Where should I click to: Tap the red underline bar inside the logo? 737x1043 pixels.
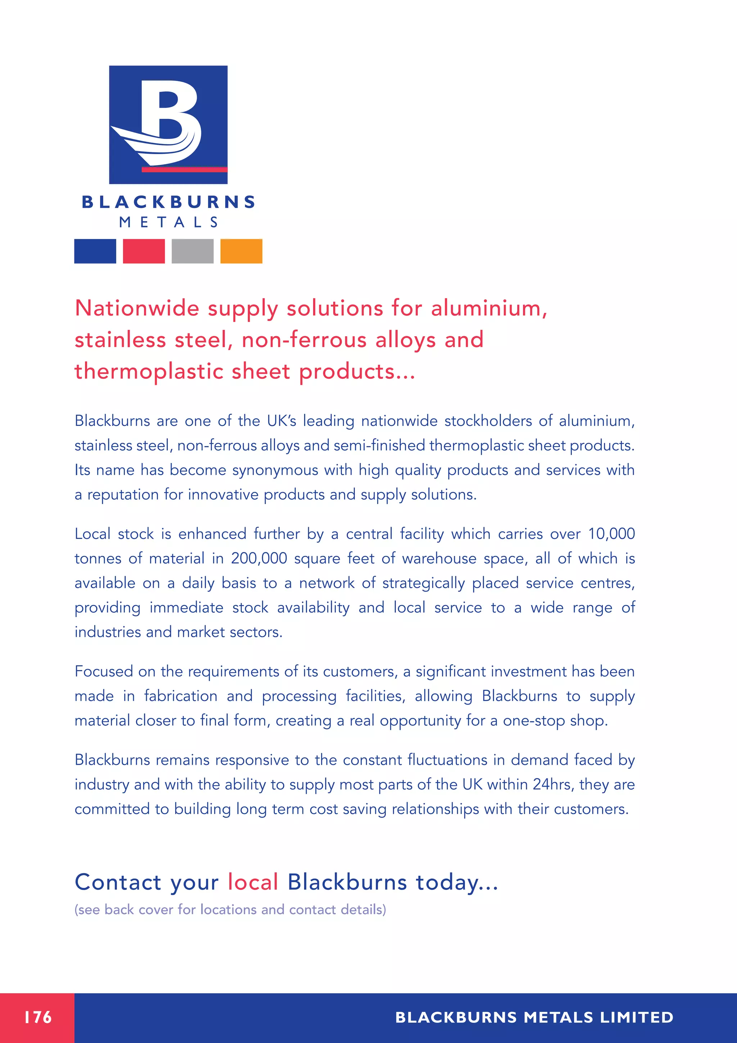184,170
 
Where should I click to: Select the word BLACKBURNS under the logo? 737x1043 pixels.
168,202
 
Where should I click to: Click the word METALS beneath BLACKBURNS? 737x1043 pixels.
168,222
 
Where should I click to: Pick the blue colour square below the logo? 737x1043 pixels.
95,251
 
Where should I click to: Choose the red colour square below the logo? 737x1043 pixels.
144,251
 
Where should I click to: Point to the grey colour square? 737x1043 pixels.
193,251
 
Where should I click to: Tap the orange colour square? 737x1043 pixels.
241,251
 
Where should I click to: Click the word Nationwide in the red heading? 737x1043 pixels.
137,309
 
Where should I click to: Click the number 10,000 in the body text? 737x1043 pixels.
611,534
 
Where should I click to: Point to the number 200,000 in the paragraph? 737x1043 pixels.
259,558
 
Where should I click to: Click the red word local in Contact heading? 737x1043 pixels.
253,883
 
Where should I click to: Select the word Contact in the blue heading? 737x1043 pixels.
118,883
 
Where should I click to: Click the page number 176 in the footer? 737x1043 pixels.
38,1017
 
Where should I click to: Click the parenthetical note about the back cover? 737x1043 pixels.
230,909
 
